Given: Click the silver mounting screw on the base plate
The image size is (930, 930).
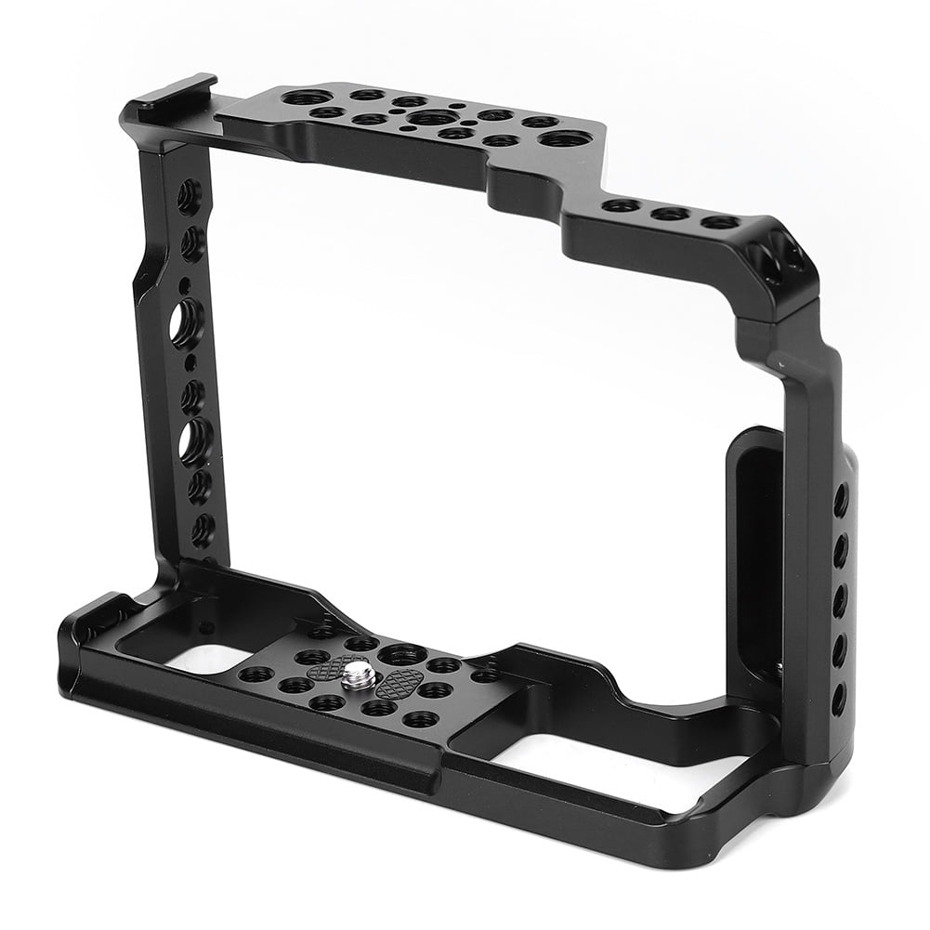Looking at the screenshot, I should (359, 675).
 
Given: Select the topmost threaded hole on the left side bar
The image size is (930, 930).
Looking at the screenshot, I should (188, 196).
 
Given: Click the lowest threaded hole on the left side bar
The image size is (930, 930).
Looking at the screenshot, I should (202, 530).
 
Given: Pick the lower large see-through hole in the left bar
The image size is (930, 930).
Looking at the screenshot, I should (196, 439).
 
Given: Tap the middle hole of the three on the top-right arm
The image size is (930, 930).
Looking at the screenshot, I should (669, 214).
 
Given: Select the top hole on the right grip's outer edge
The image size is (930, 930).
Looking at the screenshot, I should (841, 499).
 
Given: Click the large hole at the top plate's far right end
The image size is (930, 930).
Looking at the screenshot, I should (565, 139).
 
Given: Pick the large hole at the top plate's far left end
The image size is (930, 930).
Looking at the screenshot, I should (307, 97).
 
